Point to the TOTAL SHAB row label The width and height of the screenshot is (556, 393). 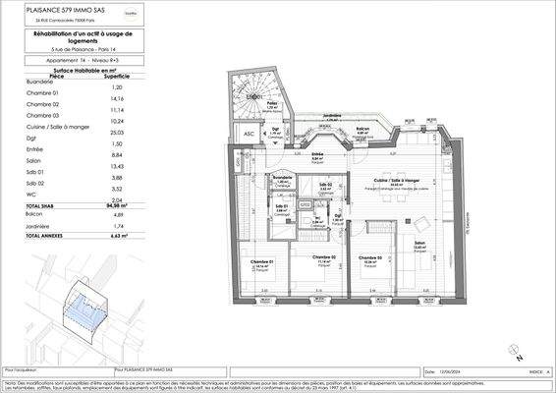(41, 204)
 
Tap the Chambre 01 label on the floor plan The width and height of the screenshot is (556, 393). (261, 259)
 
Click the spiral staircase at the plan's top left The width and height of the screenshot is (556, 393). (253, 94)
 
